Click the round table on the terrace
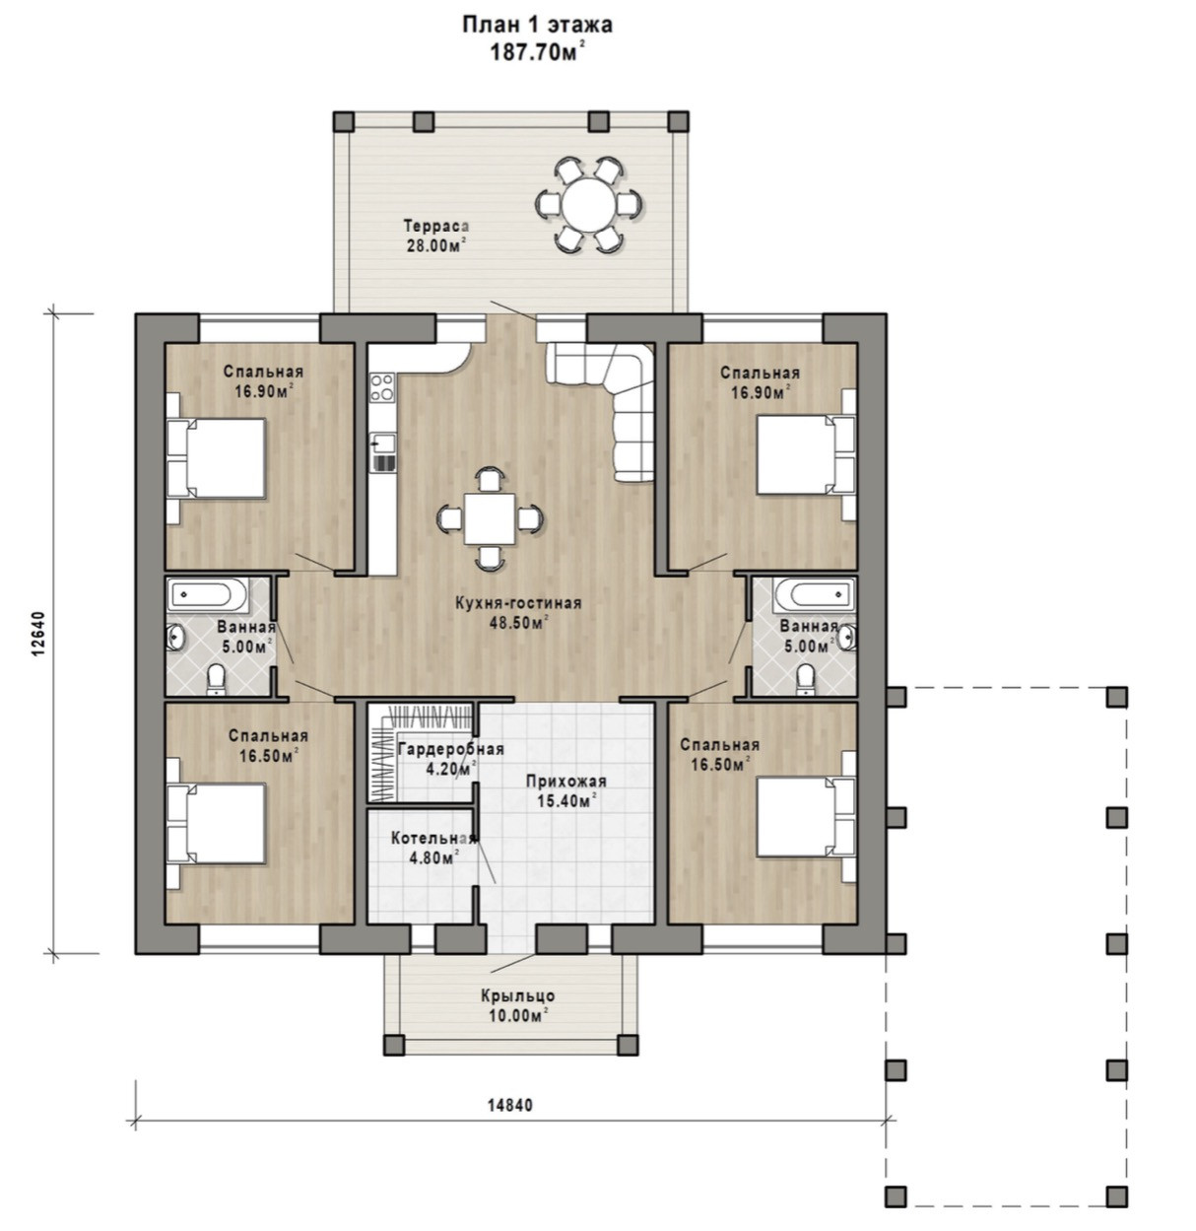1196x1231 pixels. [x=588, y=204]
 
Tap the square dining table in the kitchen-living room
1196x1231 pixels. [x=490, y=518]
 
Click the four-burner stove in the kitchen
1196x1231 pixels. [x=382, y=386]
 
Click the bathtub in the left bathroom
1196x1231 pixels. [x=208, y=595]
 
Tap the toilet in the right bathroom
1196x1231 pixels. [x=806, y=679]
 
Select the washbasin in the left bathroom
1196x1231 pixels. [x=175, y=637]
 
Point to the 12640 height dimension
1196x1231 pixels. [x=38, y=635]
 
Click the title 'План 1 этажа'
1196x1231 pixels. [x=537, y=25]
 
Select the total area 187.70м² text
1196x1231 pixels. [x=537, y=52]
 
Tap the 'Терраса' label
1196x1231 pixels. [x=436, y=226]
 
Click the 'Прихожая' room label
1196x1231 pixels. [x=566, y=782]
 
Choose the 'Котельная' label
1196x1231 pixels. [x=433, y=839]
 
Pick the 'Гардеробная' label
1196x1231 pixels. [x=451, y=750]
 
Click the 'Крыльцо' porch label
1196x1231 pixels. [x=517, y=995]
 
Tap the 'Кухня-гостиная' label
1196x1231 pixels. [x=518, y=603]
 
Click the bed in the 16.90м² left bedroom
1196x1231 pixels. [x=215, y=457]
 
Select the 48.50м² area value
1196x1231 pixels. [x=518, y=623]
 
